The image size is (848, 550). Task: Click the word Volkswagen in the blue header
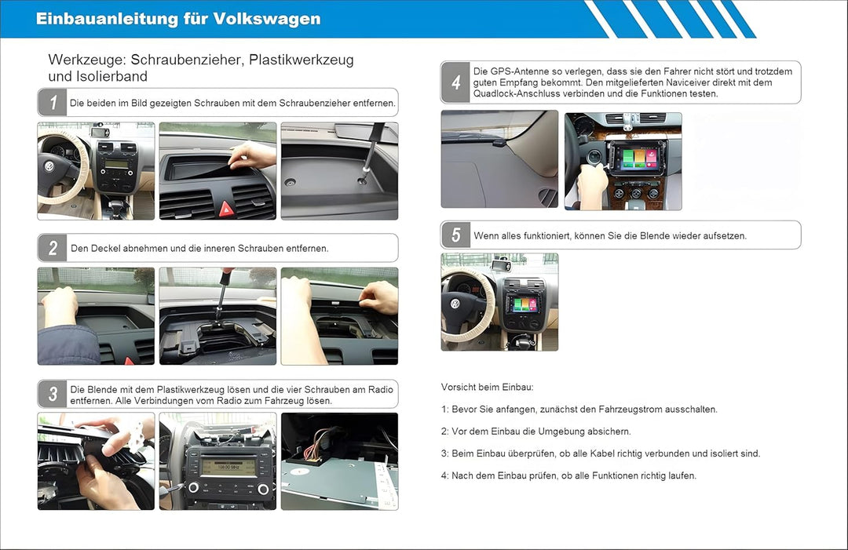click(x=267, y=19)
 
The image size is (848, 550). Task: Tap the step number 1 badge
click(x=53, y=102)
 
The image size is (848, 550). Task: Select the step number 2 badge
click(x=53, y=248)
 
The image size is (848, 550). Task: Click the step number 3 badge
click(x=53, y=394)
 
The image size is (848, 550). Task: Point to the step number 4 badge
click(x=455, y=82)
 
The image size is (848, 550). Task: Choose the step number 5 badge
click(x=455, y=235)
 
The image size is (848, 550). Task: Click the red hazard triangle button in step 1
click(x=226, y=209)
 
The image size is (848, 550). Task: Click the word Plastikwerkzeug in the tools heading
click(x=302, y=60)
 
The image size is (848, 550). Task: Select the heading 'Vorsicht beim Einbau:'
click(x=488, y=387)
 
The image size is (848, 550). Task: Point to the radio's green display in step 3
click(x=228, y=466)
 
